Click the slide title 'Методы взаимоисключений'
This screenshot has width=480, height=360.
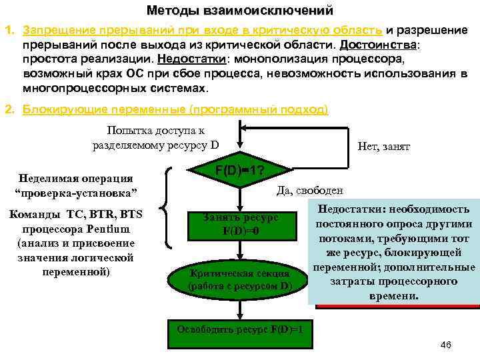(x=240, y=11)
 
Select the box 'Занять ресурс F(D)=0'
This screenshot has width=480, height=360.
(x=241, y=225)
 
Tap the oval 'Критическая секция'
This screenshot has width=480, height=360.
(x=239, y=280)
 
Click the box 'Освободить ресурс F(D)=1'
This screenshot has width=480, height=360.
(x=240, y=329)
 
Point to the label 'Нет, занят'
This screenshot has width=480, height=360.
(x=384, y=146)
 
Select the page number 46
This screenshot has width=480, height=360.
(x=446, y=344)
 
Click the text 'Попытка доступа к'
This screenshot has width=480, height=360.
(x=156, y=131)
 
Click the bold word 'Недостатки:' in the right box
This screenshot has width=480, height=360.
(x=355, y=209)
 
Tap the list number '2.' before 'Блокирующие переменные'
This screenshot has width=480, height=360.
(x=10, y=109)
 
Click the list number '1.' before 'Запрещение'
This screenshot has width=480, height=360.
(x=10, y=31)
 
